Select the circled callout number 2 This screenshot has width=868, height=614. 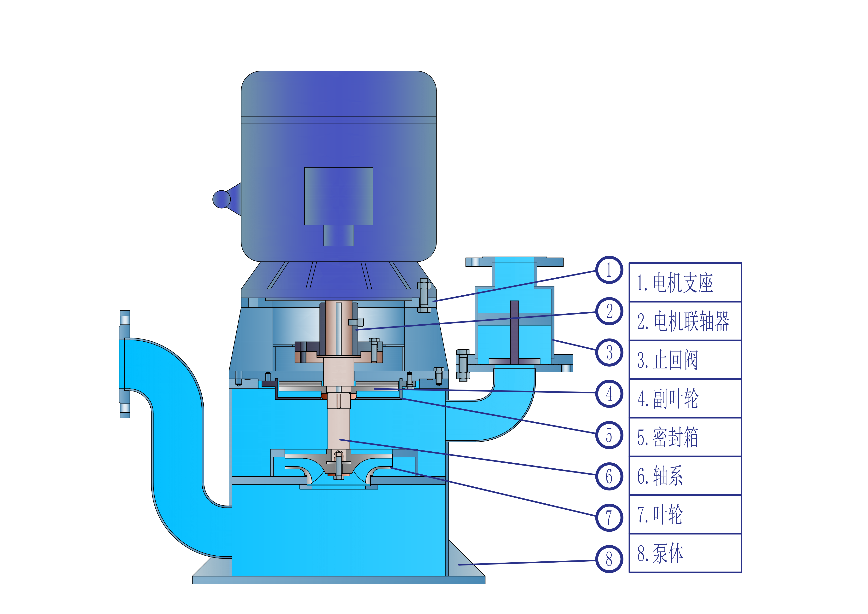[x=609, y=311]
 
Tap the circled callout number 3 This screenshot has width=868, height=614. [x=609, y=352]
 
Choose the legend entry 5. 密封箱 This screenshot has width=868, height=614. [x=668, y=437]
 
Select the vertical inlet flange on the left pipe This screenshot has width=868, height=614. [x=125, y=364]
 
